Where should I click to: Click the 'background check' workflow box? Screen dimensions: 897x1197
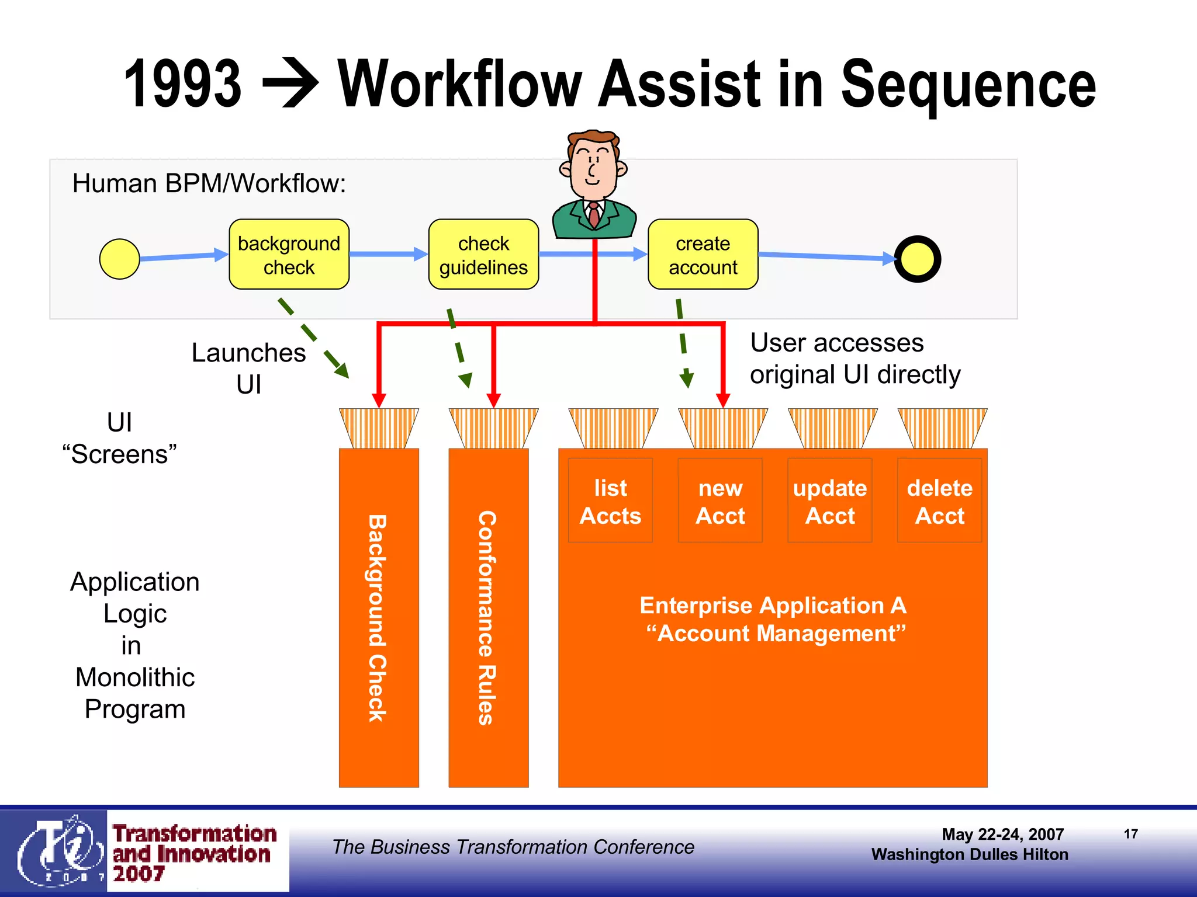pos(289,255)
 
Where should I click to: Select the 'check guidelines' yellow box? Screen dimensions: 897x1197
pos(483,255)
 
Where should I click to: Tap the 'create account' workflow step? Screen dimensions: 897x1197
pos(703,255)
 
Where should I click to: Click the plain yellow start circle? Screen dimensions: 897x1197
pos(120,259)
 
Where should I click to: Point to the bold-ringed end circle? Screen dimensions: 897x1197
pos(917,259)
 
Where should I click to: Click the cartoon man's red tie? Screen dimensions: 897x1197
pos(594,214)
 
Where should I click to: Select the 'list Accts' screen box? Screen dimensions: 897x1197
pos(610,501)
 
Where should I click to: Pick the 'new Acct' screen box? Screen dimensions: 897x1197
pos(720,501)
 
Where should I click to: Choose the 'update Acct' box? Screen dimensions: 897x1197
pos(829,501)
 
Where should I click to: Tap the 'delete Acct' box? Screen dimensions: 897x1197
pos(939,501)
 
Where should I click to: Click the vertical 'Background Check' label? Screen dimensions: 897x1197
pos(378,618)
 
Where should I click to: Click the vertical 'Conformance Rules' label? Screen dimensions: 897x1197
pos(487,618)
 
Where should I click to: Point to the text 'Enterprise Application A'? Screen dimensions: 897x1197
pos(773,605)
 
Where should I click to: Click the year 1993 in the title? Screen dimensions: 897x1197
pos(183,85)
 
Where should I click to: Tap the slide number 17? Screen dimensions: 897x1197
pos(1130,834)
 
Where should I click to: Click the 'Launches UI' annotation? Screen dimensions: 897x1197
pos(248,368)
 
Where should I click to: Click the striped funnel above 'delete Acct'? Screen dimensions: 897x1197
pos(942,428)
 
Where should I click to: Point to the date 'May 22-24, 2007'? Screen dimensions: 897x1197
pos(1002,834)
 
